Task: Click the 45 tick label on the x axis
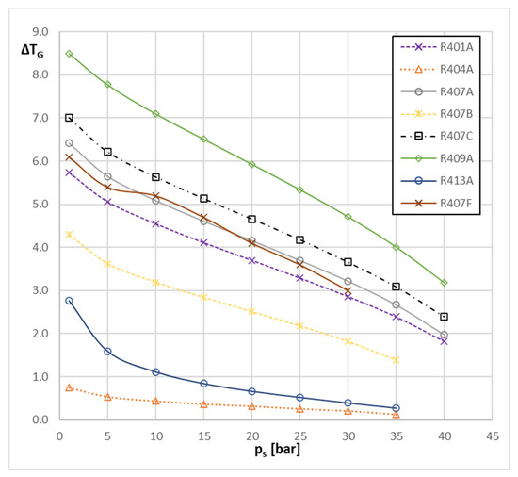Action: (492, 436)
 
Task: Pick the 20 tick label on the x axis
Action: (252, 436)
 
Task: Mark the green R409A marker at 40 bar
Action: (444, 283)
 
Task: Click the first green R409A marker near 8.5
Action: (69, 54)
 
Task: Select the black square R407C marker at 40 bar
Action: (444, 317)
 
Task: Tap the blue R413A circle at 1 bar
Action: (69, 301)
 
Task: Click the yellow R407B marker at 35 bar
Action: (396, 360)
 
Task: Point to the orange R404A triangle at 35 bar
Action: (396, 414)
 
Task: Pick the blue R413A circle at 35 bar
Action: (396, 408)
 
